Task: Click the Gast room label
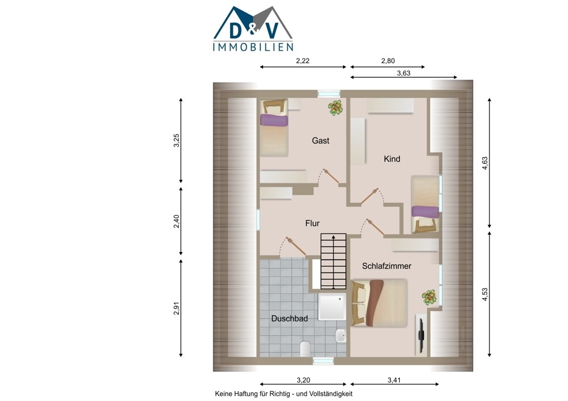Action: (320, 140)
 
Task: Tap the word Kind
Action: (392, 158)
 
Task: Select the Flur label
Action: (312, 223)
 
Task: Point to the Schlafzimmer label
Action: (386, 266)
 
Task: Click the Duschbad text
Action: (290, 319)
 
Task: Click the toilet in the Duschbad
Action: (305, 348)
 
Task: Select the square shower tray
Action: (332, 307)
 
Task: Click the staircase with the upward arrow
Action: (333, 261)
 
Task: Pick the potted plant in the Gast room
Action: (336, 107)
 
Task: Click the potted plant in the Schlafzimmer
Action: (429, 297)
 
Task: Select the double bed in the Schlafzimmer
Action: (379, 303)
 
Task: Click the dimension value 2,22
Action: (303, 61)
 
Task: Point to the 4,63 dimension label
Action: (485, 163)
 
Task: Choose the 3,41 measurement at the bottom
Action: (394, 380)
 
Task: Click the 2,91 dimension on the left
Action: (177, 308)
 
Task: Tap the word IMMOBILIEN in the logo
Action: (253, 47)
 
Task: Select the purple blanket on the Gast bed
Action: (274, 120)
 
